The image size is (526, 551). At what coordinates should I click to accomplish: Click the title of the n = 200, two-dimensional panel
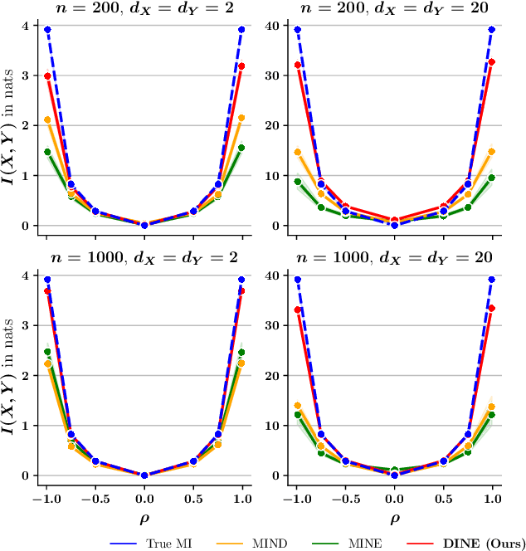click(144, 9)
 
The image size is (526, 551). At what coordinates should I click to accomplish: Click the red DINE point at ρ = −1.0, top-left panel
click(47, 76)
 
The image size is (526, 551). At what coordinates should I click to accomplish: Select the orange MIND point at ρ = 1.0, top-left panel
click(241, 118)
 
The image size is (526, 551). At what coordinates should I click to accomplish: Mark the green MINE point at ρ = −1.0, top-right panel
click(297, 182)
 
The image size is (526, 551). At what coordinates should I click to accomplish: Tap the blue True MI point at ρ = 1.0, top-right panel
click(492, 30)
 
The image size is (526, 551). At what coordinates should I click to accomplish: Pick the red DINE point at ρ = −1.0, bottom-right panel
click(297, 310)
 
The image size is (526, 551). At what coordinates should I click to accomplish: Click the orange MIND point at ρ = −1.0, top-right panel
click(297, 153)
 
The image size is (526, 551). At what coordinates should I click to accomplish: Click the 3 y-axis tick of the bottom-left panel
click(27, 325)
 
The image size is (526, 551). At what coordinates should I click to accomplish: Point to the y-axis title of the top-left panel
click(9, 125)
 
